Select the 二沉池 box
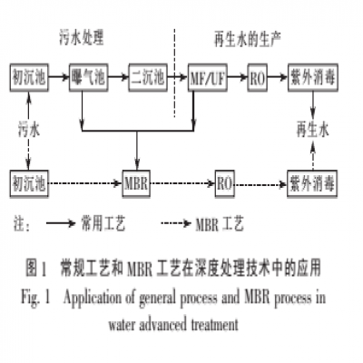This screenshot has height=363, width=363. tap(148, 74)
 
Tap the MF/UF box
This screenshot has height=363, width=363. tap(208, 74)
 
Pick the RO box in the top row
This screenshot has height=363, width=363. tap(258, 74)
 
